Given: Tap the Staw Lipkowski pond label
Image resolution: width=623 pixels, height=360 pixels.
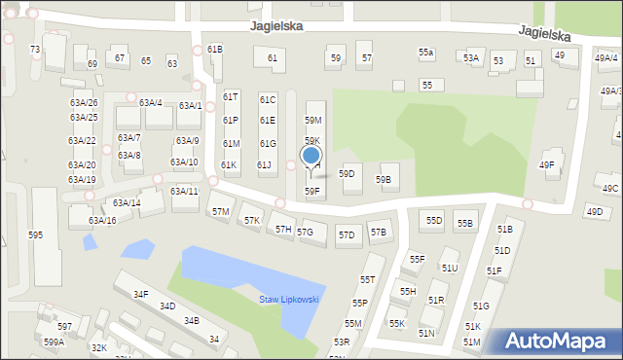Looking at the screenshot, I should click(289, 299).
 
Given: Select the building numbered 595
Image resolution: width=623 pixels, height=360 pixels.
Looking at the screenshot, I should click(36, 235).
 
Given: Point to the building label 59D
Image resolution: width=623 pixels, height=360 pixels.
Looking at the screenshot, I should click(347, 173).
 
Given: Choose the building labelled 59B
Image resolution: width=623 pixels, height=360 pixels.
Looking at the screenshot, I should click(384, 179).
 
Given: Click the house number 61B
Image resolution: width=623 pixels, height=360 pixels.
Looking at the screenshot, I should click(214, 49).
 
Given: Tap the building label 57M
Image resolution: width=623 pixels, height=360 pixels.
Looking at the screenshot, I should click(221, 211).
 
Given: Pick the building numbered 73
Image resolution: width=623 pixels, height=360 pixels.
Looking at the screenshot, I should click(35, 49).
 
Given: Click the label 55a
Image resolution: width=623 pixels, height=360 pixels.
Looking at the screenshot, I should click(426, 52).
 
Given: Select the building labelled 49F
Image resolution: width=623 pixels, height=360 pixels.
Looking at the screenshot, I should click(547, 165).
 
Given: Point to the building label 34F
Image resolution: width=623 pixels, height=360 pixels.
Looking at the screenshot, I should click(140, 294).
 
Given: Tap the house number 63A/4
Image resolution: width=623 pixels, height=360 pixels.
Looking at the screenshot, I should click(150, 102).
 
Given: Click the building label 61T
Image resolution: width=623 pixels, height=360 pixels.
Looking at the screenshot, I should click(231, 97).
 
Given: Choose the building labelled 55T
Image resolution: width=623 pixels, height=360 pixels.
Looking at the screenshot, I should click(367, 279).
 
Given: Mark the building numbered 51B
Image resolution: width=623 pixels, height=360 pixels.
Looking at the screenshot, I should click(504, 229).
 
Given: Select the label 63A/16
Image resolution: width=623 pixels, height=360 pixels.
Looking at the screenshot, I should click(102, 221).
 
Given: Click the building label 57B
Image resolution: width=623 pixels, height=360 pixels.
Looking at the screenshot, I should click(378, 232).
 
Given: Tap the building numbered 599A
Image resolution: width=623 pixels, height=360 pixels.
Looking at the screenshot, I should click(54, 342).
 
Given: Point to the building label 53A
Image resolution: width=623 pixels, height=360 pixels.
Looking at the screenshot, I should click(471, 58).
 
